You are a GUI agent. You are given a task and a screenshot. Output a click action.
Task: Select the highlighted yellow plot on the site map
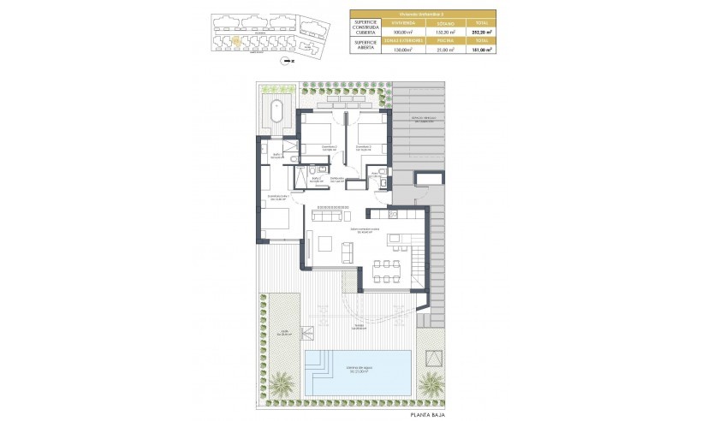[234, 39]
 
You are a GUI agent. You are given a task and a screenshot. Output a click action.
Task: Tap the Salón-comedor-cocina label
[364, 229]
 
